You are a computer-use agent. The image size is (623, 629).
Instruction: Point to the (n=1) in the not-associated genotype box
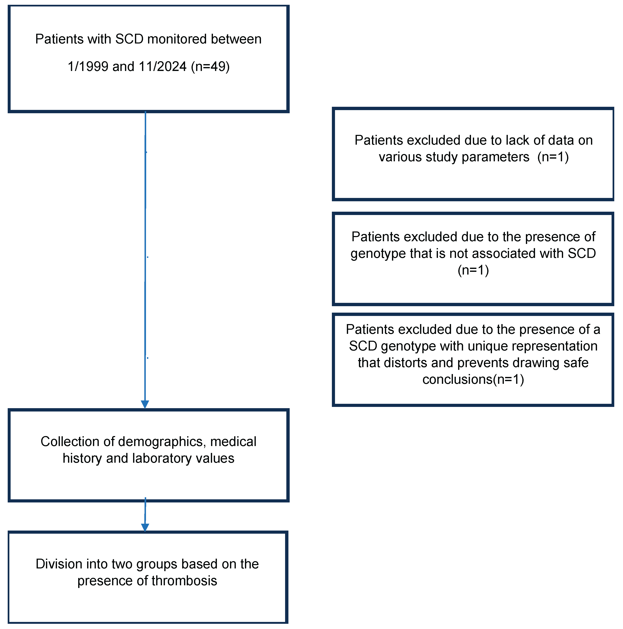pos(473,270)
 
